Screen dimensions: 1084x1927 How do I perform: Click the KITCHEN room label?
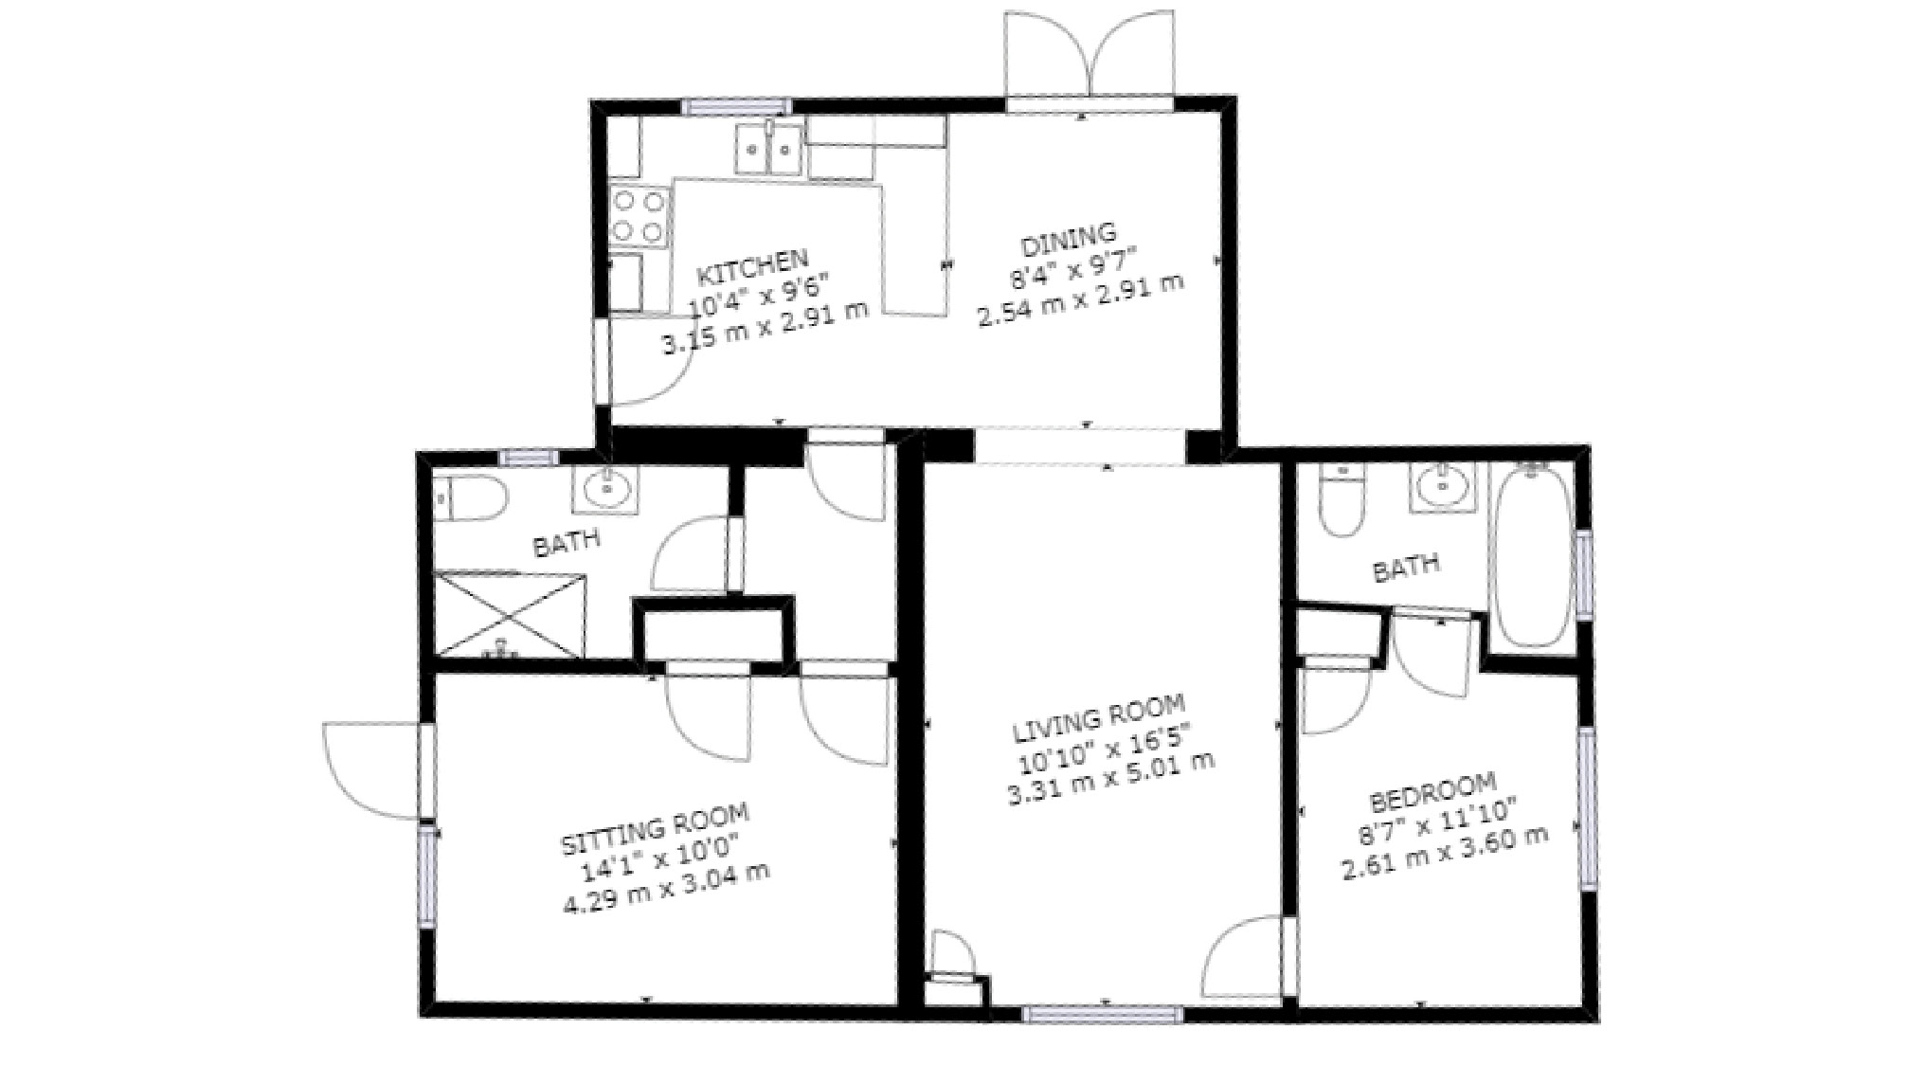752,269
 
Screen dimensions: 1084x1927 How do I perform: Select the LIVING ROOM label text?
1099,717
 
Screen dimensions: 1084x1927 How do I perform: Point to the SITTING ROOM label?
656,828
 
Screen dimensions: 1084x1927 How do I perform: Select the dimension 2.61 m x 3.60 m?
1446,852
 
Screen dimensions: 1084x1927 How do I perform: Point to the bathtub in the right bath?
1532,555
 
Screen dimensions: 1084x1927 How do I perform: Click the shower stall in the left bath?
509,614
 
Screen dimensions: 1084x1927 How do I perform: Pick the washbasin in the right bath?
1443,487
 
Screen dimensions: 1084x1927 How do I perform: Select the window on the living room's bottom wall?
1103,1015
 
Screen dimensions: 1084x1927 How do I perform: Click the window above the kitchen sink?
737,106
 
